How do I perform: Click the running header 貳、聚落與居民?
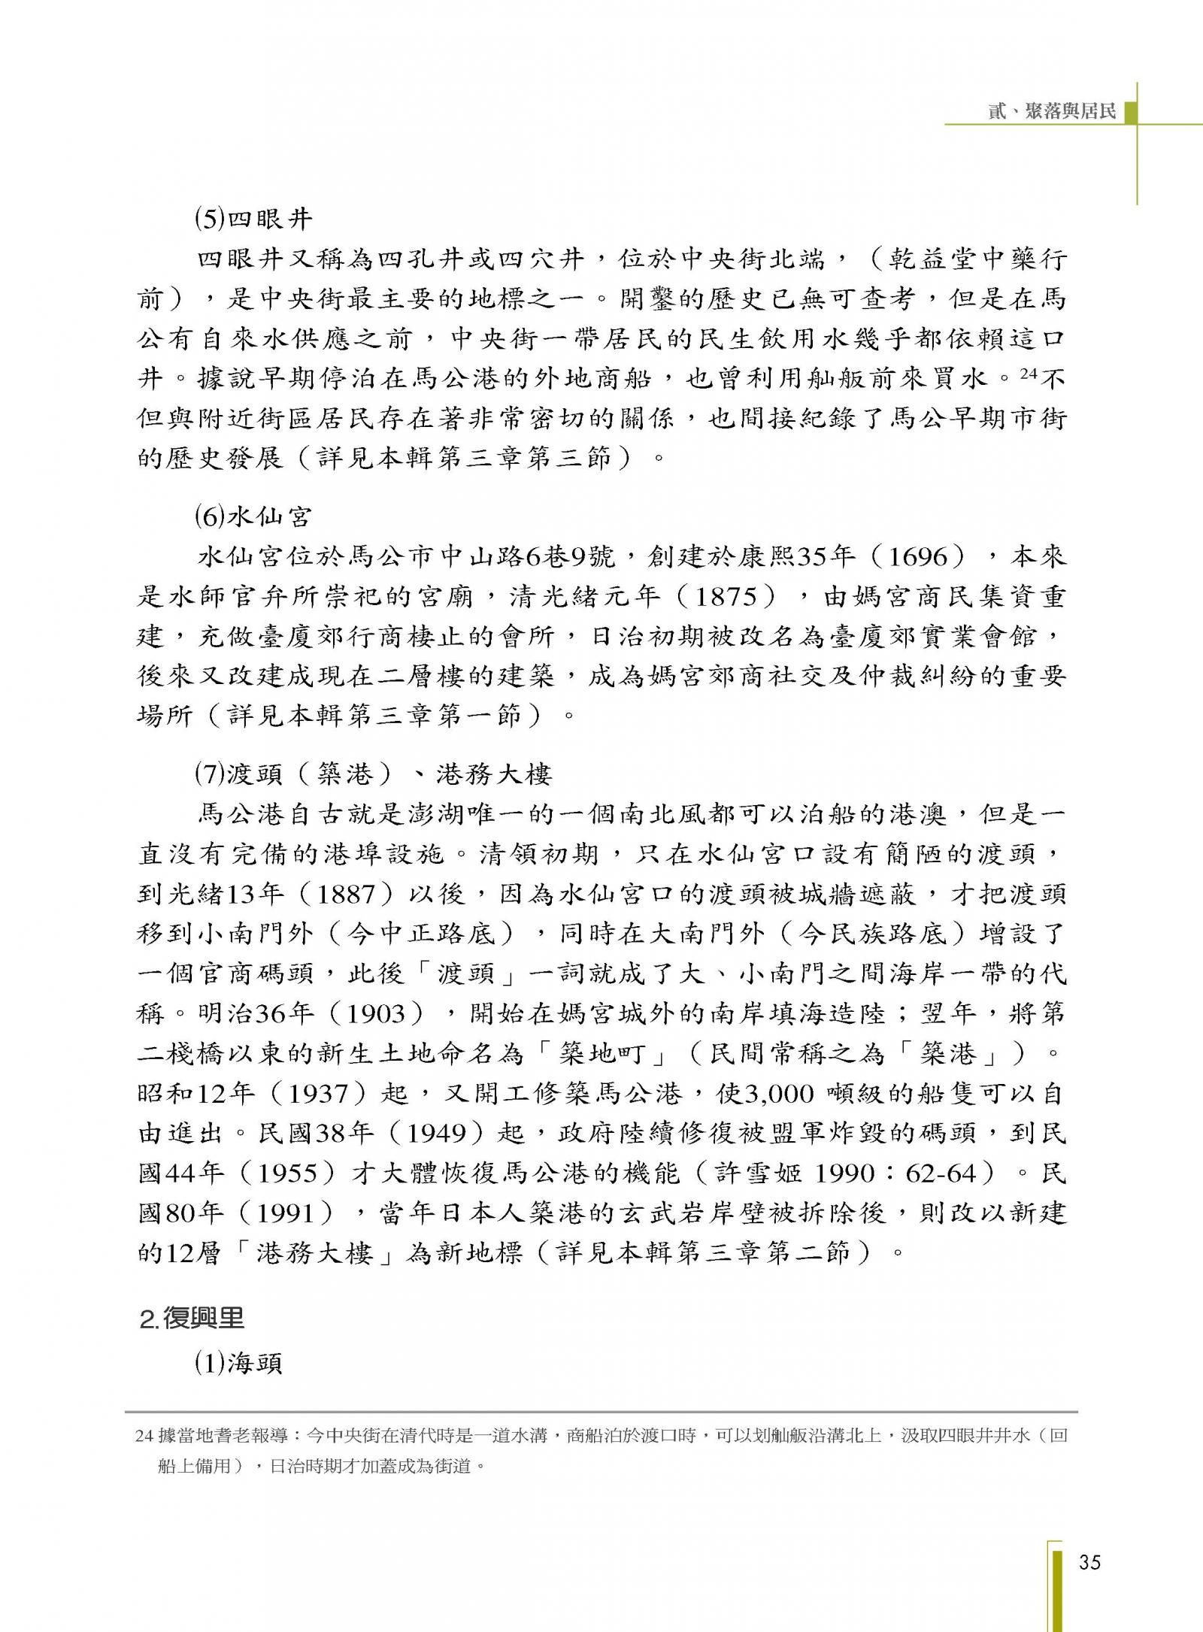[x=1052, y=111]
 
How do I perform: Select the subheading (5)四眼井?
[x=253, y=220]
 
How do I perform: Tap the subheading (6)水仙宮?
[x=253, y=516]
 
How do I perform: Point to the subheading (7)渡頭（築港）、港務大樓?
[x=373, y=774]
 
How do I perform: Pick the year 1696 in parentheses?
[x=926, y=557]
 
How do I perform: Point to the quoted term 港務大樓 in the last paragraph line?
[x=315, y=1252]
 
